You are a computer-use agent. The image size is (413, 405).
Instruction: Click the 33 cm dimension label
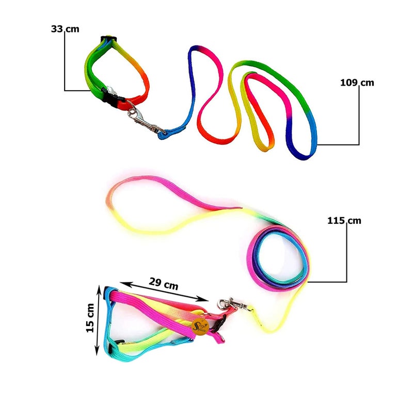coord(65,29)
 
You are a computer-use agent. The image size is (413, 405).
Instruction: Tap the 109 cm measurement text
coord(357,83)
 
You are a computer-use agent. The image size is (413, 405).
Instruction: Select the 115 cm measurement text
coord(344,221)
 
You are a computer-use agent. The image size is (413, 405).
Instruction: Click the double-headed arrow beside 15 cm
coord(99,321)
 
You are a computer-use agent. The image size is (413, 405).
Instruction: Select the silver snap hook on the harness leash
coord(231,305)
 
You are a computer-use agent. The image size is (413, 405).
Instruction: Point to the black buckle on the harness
coord(218,322)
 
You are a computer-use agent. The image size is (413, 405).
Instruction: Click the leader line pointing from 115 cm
coord(346,258)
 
